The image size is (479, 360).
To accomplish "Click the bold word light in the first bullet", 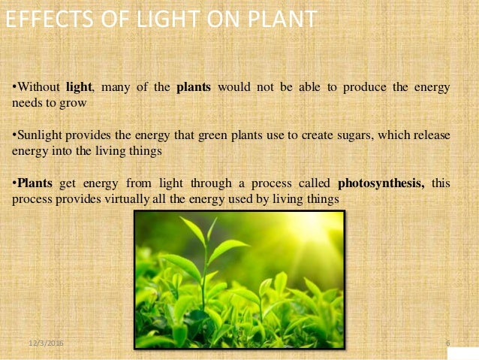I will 79,87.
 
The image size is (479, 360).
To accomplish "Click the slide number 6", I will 447,343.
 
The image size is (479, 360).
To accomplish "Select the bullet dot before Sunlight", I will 14,135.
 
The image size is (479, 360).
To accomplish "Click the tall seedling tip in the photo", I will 212,223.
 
